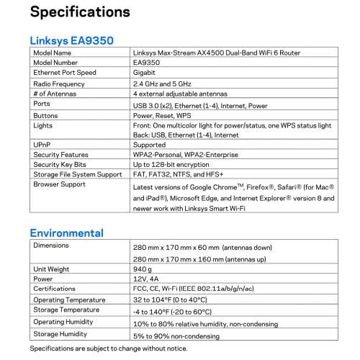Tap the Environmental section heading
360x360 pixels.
(66, 233)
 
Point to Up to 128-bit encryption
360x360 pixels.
(173, 165)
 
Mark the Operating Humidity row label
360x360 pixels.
(63, 322)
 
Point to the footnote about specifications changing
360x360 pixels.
(108, 348)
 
